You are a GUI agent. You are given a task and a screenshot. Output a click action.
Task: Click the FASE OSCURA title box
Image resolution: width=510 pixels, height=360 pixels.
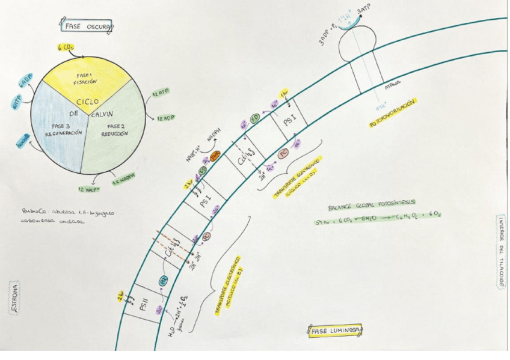coord(85,25)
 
